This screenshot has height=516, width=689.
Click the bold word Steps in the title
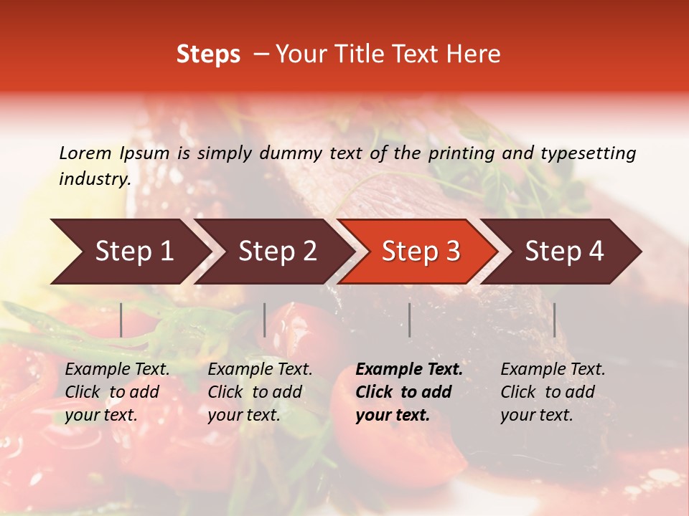coord(208,54)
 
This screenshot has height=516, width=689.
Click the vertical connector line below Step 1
coord(121,320)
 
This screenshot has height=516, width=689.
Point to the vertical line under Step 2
coord(265,320)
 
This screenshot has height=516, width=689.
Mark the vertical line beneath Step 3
coord(410,320)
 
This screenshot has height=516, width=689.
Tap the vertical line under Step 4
coord(554,320)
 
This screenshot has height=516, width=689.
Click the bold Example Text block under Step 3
coord(409,392)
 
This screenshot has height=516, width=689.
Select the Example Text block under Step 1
coord(117,392)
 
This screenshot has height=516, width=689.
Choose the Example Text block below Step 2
coord(260,392)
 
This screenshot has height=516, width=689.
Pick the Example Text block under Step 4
coord(553,392)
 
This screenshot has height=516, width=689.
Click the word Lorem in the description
coord(85,153)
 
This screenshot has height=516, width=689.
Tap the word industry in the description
coord(95,179)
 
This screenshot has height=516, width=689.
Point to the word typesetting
coord(588,153)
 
